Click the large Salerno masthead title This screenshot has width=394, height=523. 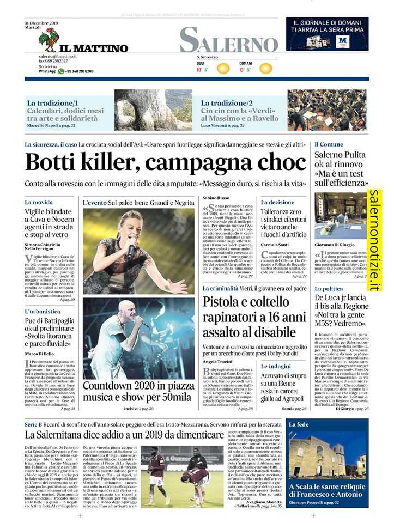(x=228, y=41)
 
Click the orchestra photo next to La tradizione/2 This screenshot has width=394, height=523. (x=319, y=110)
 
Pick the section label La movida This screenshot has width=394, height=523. (x=39, y=202)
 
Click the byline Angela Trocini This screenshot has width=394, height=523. (x=217, y=362)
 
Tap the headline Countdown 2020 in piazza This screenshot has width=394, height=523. (x=137, y=386)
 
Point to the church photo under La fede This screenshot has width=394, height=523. (x=327, y=458)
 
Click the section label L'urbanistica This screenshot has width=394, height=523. (x=43, y=312)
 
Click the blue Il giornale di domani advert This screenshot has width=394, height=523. (x=327, y=34)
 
